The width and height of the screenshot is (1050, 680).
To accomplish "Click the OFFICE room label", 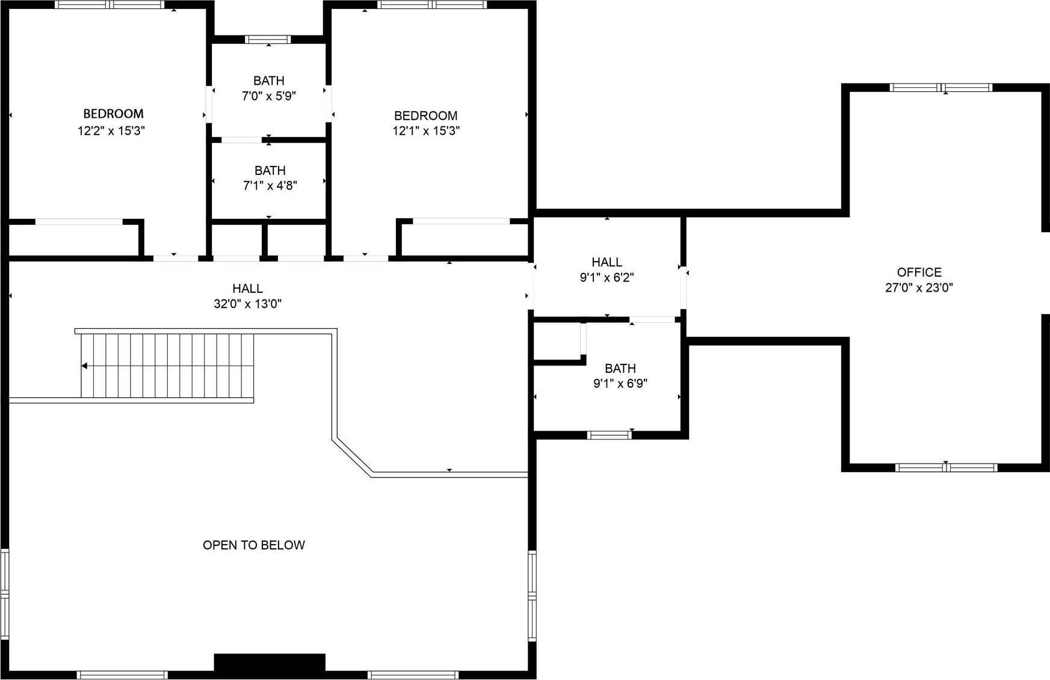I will tap(919, 272).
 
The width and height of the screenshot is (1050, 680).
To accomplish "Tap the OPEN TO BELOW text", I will tap(253, 545).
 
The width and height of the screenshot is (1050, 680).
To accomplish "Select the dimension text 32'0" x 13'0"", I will tap(247, 304).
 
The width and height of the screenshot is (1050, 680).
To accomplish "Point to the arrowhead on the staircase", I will tap(85, 366).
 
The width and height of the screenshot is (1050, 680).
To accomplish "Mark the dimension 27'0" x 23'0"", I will tap(919, 287).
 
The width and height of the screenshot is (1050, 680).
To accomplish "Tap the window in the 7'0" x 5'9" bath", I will tap(268, 40).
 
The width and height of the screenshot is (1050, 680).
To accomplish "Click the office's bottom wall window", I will tap(946, 467).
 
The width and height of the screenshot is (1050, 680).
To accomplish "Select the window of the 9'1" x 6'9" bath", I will tap(609, 435).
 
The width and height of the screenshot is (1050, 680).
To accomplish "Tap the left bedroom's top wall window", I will tap(109, 5).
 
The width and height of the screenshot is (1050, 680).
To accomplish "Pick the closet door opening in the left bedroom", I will tap(79, 222).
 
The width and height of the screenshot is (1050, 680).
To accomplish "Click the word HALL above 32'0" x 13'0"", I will tap(247, 289).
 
